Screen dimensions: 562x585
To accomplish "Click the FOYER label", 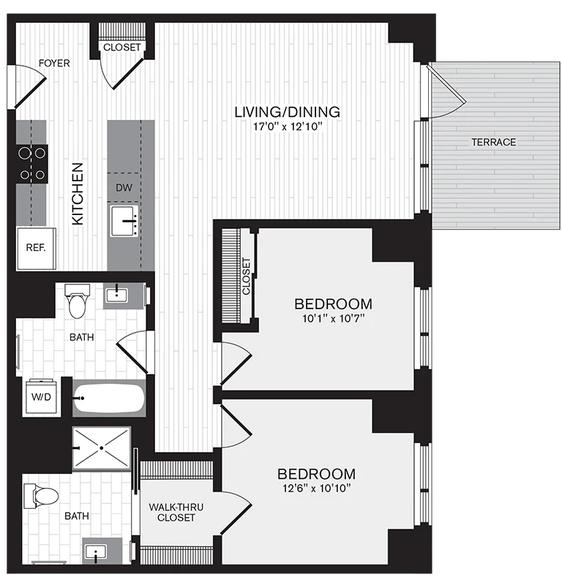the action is [x=54, y=64].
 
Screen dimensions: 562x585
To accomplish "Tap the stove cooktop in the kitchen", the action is [x=31, y=164].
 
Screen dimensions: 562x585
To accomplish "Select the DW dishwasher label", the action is [x=124, y=188].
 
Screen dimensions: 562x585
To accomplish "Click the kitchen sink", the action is [x=124, y=221].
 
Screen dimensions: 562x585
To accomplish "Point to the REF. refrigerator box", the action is [x=36, y=249].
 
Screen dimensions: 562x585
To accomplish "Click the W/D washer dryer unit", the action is [x=41, y=396].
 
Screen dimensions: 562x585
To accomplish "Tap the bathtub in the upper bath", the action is [x=108, y=398].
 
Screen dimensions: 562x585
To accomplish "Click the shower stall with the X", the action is [x=101, y=448].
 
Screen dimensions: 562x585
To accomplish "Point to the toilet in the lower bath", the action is [x=41, y=497].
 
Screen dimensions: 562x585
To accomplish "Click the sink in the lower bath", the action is [x=96, y=551].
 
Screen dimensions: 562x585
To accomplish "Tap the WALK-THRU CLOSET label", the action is [x=176, y=513].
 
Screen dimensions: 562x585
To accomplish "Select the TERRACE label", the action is [x=494, y=142].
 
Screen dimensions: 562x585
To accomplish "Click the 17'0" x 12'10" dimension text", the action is [x=288, y=127].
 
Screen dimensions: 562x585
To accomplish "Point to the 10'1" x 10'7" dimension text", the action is [x=334, y=319].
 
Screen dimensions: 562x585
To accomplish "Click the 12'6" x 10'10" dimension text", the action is [x=316, y=488].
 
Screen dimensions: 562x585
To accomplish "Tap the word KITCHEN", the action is [x=78, y=194].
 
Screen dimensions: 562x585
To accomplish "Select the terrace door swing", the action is [x=446, y=92].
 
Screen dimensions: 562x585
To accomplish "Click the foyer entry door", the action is [x=30, y=86].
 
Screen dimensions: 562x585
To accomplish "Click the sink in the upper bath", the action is [x=117, y=295].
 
